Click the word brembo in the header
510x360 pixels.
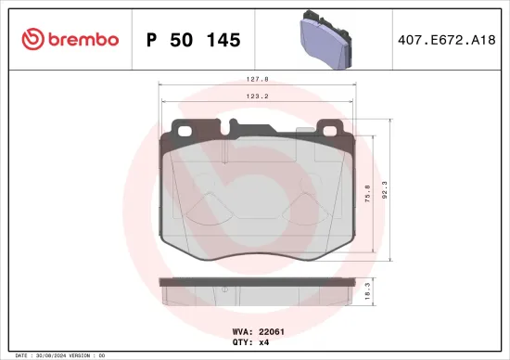[83, 40]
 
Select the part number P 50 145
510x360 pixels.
[193, 40]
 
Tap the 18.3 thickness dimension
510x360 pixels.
[367, 291]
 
